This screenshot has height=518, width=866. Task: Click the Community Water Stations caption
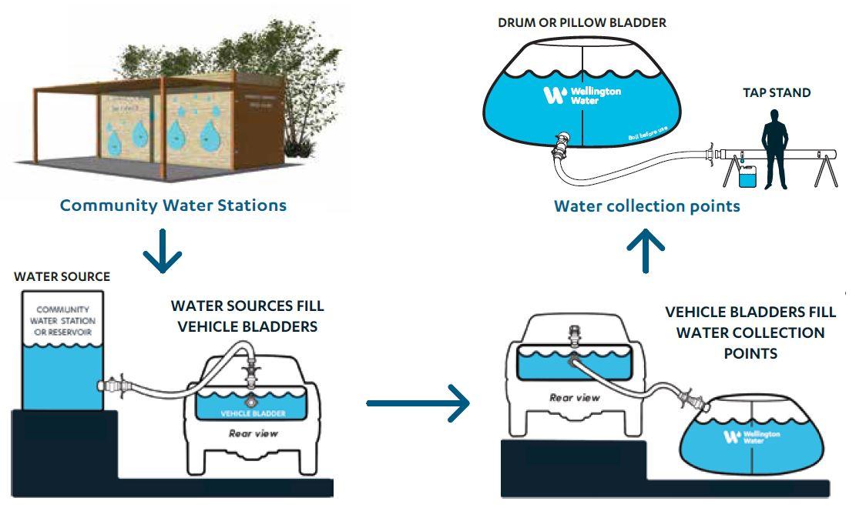coord(173,206)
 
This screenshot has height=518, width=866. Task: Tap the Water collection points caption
coord(647,206)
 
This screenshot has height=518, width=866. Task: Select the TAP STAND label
coord(777,93)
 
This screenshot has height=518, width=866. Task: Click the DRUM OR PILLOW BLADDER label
coord(582,23)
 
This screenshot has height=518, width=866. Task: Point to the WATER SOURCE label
coord(62,277)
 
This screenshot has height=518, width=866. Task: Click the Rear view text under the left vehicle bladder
coord(253,433)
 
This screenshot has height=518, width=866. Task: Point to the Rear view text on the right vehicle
coord(575,397)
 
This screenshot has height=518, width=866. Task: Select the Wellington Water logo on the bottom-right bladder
coord(752,437)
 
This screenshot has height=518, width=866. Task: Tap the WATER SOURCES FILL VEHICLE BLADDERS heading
coord(247,316)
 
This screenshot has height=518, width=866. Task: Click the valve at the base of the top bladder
coord(560,142)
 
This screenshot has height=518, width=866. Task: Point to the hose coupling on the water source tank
coord(113,383)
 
